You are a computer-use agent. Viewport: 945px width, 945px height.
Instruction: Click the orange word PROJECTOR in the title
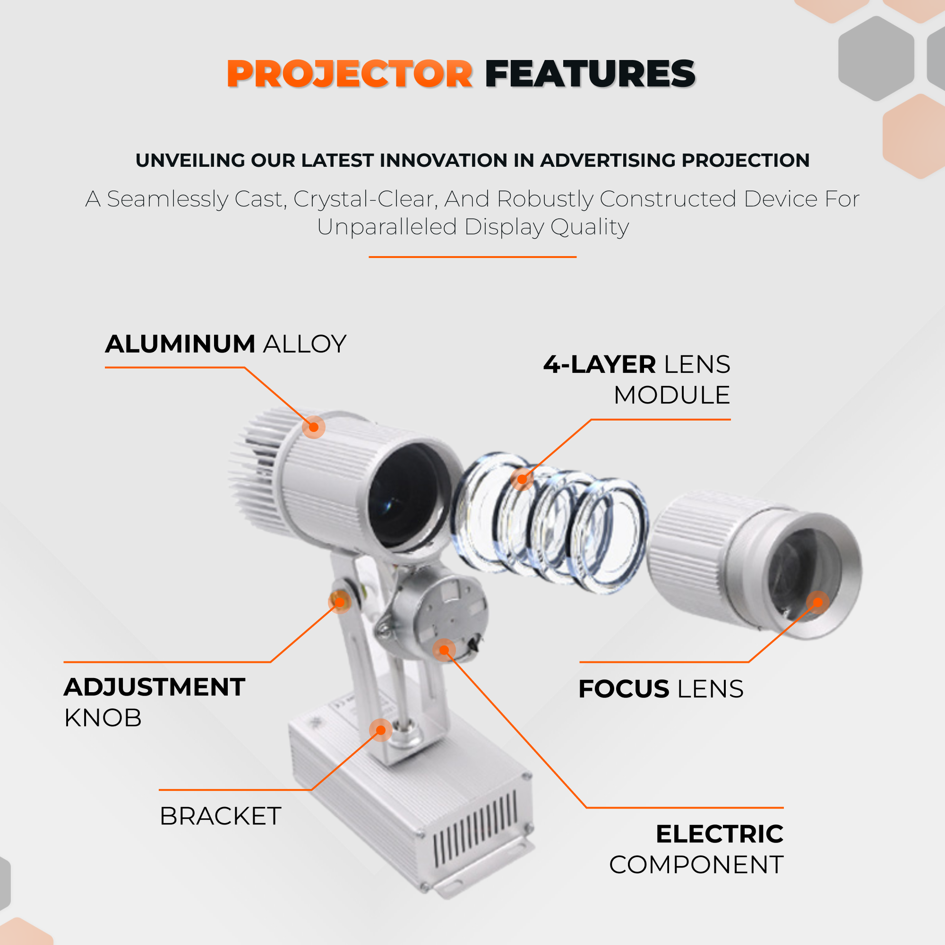[x=350, y=74]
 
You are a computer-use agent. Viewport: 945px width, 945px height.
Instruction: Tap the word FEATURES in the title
[x=590, y=74]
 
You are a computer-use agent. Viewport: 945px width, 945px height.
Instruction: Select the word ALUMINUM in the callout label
[x=180, y=344]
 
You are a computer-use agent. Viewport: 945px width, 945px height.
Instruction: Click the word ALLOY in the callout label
[x=305, y=344]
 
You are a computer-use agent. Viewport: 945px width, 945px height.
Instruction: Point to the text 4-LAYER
[x=600, y=364]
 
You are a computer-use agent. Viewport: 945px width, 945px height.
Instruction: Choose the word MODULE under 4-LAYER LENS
[x=672, y=395]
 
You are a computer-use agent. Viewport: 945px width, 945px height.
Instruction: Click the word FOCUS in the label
[x=624, y=689]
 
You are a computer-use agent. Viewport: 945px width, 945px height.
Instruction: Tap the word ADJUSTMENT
[x=155, y=687]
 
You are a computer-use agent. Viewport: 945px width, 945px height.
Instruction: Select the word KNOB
[x=103, y=718]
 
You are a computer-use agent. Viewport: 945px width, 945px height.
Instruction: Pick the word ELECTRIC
[x=720, y=834]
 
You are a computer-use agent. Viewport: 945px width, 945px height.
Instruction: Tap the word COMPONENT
[x=696, y=865]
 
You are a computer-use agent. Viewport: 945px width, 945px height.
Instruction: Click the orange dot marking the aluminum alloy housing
[x=314, y=428]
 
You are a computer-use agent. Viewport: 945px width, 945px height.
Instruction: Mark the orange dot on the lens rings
[x=522, y=479]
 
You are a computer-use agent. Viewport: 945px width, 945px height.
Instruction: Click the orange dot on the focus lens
[x=818, y=602]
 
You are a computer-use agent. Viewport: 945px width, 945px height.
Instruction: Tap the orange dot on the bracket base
[x=381, y=730]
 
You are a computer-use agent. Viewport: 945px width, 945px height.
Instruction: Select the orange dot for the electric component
[x=444, y=650]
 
